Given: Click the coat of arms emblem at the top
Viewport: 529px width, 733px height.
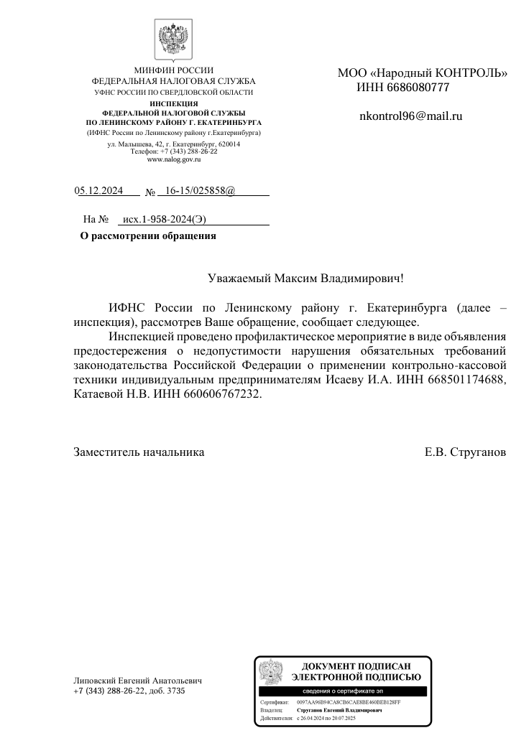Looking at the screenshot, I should click(173, 40).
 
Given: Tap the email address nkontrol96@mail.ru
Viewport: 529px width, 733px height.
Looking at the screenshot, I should click(410, 116).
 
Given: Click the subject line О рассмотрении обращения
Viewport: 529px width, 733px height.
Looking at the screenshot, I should click(147, 235).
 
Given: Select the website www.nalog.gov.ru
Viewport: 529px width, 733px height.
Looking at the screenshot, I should click(173, 159).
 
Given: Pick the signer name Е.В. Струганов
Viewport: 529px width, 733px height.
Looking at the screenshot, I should click(465, 452).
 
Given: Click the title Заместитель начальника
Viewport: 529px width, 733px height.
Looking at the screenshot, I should click(139, 452).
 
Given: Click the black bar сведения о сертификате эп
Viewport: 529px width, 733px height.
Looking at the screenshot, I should click(342, 691).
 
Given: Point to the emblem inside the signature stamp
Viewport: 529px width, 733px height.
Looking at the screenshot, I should click(271, 673).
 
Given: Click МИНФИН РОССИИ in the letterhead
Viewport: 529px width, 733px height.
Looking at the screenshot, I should click(174, 70).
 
